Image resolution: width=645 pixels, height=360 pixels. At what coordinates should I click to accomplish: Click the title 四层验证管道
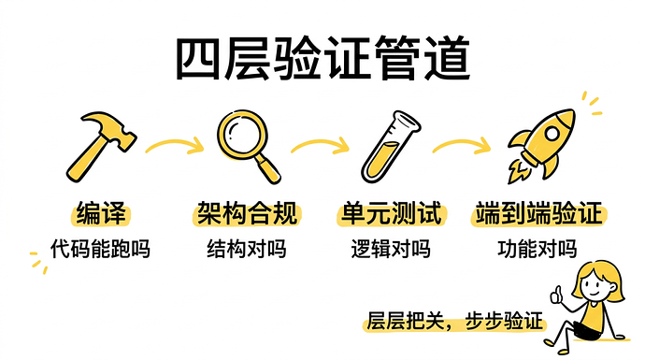[x=322, y=59]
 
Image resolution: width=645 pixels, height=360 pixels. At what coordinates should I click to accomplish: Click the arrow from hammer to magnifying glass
[x=175, y=145]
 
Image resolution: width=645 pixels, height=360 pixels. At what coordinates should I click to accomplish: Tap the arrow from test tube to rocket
[x=464, y=145]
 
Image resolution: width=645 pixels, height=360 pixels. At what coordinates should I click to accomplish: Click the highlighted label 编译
[x=100, y=213]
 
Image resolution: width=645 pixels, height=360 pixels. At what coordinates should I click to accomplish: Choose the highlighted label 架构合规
[x=247, y=213]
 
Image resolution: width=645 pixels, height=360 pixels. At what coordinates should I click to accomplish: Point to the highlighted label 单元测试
[x=391, y=213]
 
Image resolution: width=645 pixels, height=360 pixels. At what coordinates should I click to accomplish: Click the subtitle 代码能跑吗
[x=100, y=249]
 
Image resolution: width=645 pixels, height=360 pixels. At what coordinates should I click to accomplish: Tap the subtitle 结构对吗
[x=247, y=249]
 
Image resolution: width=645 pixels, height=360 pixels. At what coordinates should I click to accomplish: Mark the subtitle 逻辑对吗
[x=391, y=249]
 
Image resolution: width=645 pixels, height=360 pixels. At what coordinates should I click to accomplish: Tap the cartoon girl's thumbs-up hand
[x=560, y=296]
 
